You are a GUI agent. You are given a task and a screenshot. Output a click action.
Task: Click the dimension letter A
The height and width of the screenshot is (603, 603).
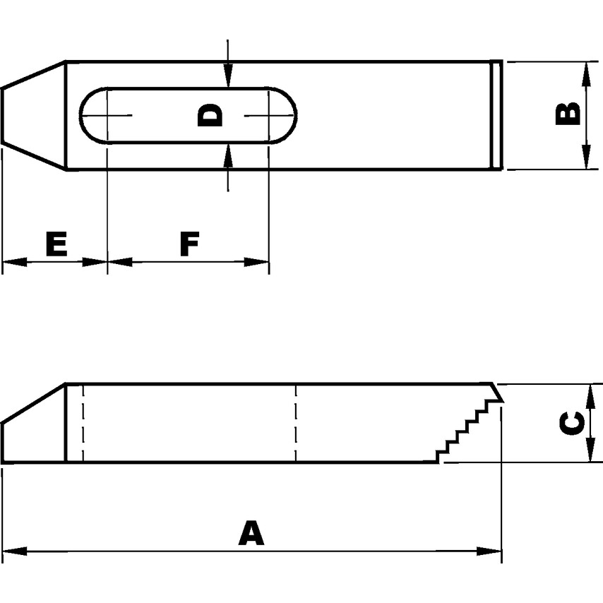pyautogui.click(x=251, y=534)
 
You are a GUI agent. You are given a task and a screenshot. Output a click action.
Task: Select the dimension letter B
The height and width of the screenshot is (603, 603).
pyautogui.click(x=568, y=114)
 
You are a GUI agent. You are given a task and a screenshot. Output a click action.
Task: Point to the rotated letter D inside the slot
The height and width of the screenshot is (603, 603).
pyautogui.click(x=210, y=115)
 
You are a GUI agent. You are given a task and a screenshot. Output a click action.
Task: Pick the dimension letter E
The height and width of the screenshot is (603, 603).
pyautogui.click(x=56, y=244)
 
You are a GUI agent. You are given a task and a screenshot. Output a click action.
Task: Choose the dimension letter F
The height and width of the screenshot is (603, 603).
pyautogui.click(x=189, y=244)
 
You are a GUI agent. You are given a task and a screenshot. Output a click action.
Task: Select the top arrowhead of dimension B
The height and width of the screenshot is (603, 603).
pyautogui.click(x=585, y=72)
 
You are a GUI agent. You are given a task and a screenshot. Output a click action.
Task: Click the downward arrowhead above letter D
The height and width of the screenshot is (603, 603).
pyautogui.click(x=227, y=78)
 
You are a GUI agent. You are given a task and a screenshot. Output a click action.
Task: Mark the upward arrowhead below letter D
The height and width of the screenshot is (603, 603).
pyautogui.click(x=227, y=155)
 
